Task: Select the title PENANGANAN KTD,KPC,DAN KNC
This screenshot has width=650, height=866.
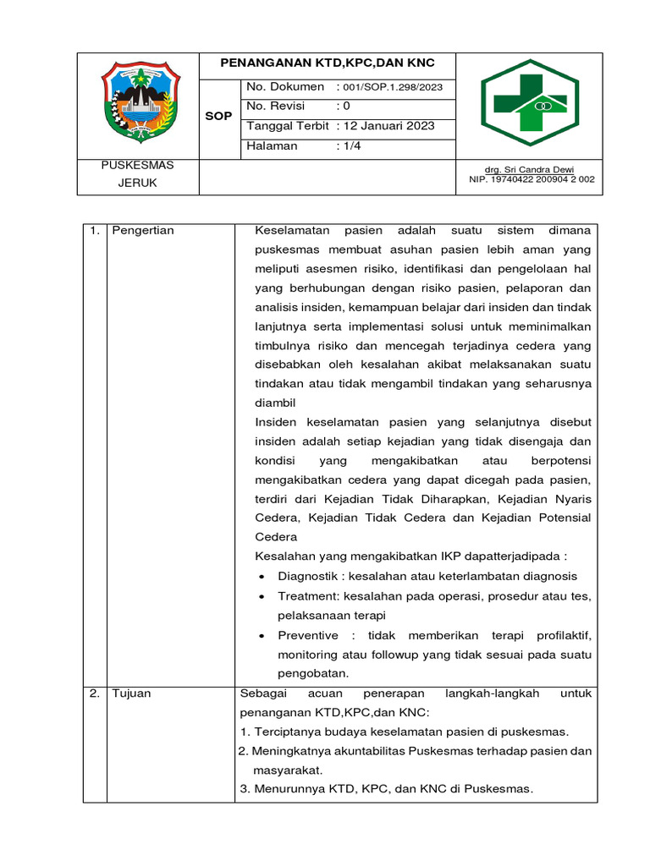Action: [328, 64]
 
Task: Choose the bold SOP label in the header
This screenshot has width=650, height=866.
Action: [218, 116]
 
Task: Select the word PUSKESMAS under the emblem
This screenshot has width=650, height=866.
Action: [136, 165]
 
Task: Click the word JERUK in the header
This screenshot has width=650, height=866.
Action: [136, 183]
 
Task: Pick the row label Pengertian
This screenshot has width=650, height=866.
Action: [143, 231]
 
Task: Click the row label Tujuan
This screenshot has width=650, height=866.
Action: [131, 693]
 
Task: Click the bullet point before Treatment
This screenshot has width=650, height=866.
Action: [262, 597]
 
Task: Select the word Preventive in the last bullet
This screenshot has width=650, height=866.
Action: [308, 635]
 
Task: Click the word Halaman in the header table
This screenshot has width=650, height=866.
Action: [272, 145]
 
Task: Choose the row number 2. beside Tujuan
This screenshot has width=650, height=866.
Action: [94, 693]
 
